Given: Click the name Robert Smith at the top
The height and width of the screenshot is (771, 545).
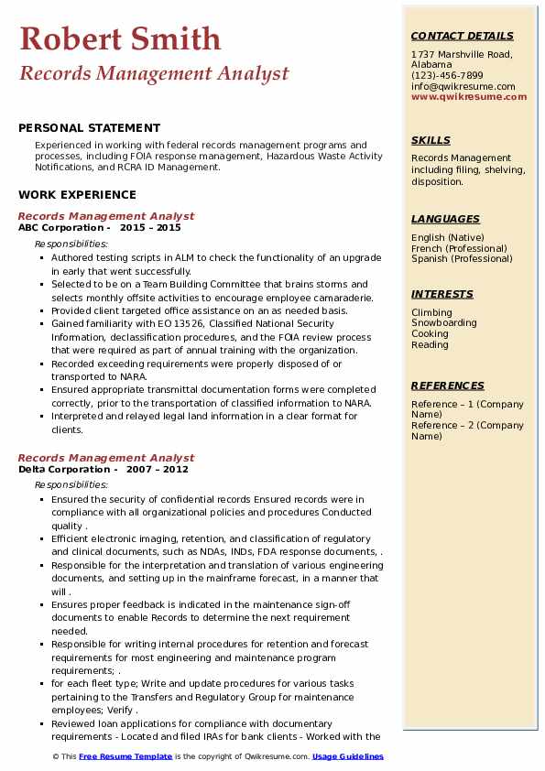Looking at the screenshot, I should coord(120,38).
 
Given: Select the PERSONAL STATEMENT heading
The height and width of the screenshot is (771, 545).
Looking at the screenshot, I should coord(89,128).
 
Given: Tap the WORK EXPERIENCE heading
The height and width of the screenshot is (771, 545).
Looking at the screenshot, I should coord(77,194).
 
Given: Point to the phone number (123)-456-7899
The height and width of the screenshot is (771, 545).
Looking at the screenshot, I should coord(447,75).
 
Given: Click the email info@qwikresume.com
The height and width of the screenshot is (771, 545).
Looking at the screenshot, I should coord(463,86).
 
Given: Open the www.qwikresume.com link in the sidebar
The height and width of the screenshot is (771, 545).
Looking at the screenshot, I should coord(469,96).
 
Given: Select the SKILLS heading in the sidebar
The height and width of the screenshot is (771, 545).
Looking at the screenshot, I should coord(431,140).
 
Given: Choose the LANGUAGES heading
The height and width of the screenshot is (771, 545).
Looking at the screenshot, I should coord(445,219).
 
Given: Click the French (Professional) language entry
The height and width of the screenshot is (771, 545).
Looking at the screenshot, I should coord(459,248).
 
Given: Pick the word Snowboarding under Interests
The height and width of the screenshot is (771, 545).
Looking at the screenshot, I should coord(443,323).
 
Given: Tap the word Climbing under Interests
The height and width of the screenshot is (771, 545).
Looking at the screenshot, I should coord(431,312).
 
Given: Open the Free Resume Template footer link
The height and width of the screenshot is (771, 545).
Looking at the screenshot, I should coord(125,756).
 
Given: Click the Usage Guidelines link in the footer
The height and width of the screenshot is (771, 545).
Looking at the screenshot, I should coord(347,756).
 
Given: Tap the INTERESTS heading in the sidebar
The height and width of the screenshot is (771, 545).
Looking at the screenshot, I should coord(441,294).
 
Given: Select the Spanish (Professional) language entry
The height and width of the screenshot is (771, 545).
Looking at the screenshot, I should coord(461,258).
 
